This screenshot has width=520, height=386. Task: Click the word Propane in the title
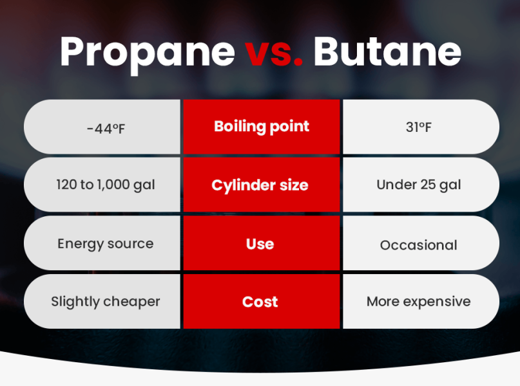[x=147, y=51]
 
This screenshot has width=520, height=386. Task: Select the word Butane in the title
[x=387, y=51]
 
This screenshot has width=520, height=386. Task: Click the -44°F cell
[x=105, y=128]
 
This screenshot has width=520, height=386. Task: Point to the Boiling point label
[x=262, y=126]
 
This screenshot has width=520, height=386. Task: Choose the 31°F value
[x=419, y=127]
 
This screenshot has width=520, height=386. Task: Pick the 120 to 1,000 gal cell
[x=105, y=185]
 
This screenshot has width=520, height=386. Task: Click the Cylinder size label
[x=260, y=185]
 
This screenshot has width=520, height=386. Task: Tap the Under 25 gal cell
[x=419, y=185]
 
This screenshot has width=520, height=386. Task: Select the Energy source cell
[x=105, y=244]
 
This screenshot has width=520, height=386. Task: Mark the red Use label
[x=260, y=244]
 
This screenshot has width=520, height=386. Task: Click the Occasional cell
[x=419, y=245]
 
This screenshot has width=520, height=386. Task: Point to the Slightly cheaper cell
[x=105, y=302]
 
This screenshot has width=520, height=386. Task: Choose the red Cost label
[x=260, y=302]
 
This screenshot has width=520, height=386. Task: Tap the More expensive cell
[x=419, y=302]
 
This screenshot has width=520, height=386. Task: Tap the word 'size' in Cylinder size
[x=293, y=185]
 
